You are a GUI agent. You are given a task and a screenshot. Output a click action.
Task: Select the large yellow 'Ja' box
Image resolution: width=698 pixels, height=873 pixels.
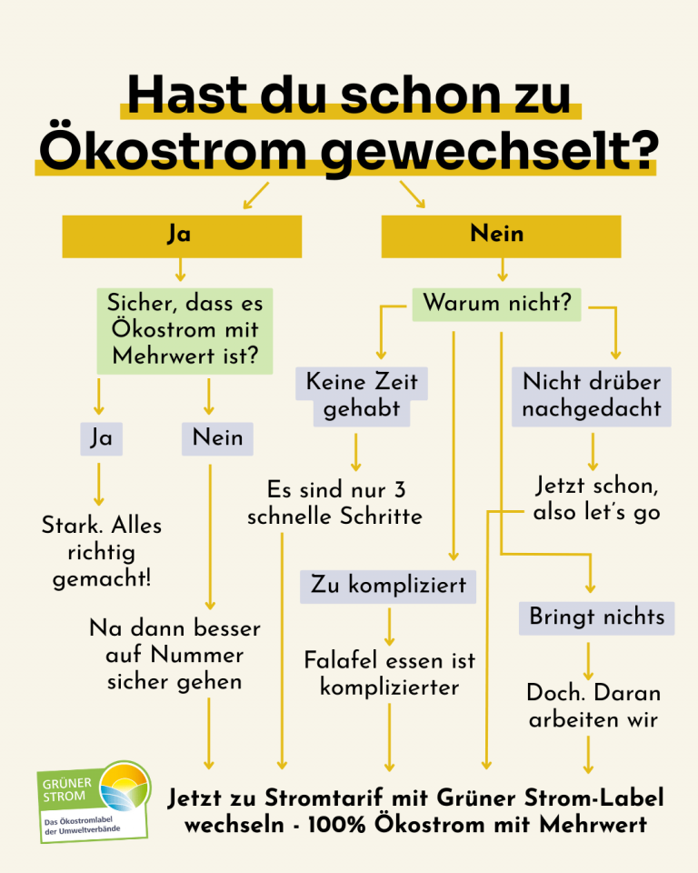click(x=182, y=236)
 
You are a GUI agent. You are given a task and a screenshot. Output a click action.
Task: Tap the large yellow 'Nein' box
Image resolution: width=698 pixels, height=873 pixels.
click(x=501, y=236)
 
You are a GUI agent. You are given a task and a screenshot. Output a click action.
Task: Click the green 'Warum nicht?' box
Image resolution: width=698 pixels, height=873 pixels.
click(x=496, y=304)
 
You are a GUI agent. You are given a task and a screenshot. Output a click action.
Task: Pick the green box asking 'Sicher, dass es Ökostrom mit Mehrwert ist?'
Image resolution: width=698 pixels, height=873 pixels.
click(x=184, y=331)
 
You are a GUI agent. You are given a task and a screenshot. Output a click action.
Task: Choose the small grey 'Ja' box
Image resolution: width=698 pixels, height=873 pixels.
click(x=101, y=438)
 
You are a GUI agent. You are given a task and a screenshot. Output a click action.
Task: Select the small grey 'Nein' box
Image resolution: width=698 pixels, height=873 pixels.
click(x=217, y=438)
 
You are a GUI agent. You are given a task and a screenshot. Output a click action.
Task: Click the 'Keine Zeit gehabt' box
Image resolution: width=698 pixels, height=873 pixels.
click(x=362, y=396)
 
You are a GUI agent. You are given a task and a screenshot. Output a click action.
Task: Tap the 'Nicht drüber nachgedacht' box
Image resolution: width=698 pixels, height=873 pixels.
click(x=592, y=396)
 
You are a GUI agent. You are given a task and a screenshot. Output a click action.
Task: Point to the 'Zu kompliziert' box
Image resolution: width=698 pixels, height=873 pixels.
click(x=388, y=587)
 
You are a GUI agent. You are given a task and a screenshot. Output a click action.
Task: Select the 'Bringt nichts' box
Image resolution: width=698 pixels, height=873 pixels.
click(x=597, y=618)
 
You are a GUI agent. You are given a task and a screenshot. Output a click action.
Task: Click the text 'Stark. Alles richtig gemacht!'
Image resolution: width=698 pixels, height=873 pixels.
click(x=102, y=552)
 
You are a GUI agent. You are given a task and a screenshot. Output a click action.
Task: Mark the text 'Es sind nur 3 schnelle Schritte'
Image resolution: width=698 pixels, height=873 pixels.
click(x=335, y=503)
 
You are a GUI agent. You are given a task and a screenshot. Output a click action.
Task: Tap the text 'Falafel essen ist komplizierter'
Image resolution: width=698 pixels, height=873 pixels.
click(x=390, y=674)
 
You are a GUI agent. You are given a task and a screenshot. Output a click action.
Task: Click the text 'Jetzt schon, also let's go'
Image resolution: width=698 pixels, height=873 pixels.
click(x=597, y=499)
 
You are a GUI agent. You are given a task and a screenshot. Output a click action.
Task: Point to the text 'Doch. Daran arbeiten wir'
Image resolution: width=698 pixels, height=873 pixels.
click(x=593, y=706)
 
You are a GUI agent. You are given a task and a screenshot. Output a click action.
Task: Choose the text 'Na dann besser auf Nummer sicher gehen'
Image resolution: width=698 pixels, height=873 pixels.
click(x=174, y=655)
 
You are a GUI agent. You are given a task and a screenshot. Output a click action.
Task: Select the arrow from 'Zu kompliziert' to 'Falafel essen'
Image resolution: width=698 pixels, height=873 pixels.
click(x=389, y=627)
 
